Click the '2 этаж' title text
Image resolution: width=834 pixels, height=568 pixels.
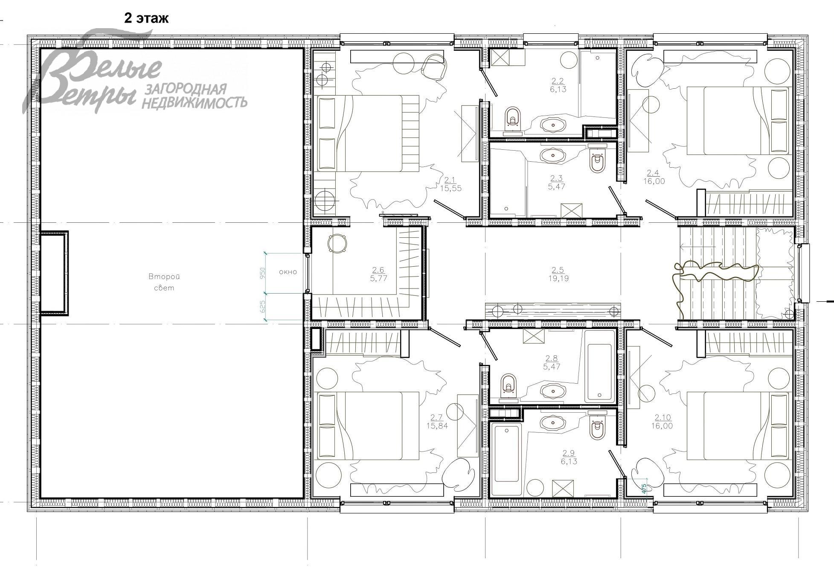click(146, 18)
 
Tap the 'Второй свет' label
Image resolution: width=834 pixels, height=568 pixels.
click(164, 282)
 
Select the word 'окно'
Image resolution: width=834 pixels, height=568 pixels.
click(288, 271)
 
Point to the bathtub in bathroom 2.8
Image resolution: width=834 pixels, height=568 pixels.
click(600, 366)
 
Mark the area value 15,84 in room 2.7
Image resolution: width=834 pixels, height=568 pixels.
click(437, 425)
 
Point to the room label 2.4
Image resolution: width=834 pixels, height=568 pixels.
click(653, 173)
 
